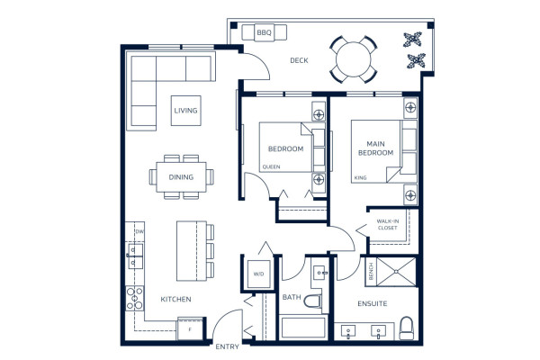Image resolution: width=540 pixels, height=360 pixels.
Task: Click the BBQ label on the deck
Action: click(x=264, y=32)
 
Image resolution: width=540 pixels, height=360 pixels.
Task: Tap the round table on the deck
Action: click(x=354, y=59)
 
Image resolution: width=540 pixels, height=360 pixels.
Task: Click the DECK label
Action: click(x=299, y=60)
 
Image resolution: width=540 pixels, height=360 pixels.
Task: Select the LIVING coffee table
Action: click(x=186, y=111)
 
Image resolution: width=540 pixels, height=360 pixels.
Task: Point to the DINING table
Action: click(x=181, y=177)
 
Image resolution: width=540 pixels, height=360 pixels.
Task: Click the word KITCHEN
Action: click(x=175, y=300)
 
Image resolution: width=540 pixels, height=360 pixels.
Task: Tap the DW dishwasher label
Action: click(x=139, y=232)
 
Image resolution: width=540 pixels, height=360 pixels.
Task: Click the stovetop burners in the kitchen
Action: click(x=134, y=298)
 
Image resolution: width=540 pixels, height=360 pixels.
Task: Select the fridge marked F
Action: click(x=190, y=329)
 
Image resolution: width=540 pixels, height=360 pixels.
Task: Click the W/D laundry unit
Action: click(x=258, y=274)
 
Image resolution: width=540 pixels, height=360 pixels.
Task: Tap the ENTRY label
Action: click(x=227, y=346)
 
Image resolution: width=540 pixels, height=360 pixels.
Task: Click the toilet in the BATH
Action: click(x=313, y=301)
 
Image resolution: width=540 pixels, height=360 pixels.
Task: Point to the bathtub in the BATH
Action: click(x=303, y=328)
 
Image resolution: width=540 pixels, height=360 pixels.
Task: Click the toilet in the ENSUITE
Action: click(x=407, y=328)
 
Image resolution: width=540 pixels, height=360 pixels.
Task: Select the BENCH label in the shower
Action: click(x=371, y=272)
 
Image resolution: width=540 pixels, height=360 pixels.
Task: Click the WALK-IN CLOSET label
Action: click(x=387, y=225)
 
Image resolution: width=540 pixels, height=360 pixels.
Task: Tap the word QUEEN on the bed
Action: click(x=271, y=167)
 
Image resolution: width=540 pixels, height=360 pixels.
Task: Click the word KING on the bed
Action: click(x=360, y=178)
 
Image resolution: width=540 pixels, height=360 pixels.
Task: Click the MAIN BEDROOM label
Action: click(x=375, y=148)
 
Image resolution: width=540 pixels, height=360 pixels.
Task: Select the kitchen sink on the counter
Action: click(x=135, y=256)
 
